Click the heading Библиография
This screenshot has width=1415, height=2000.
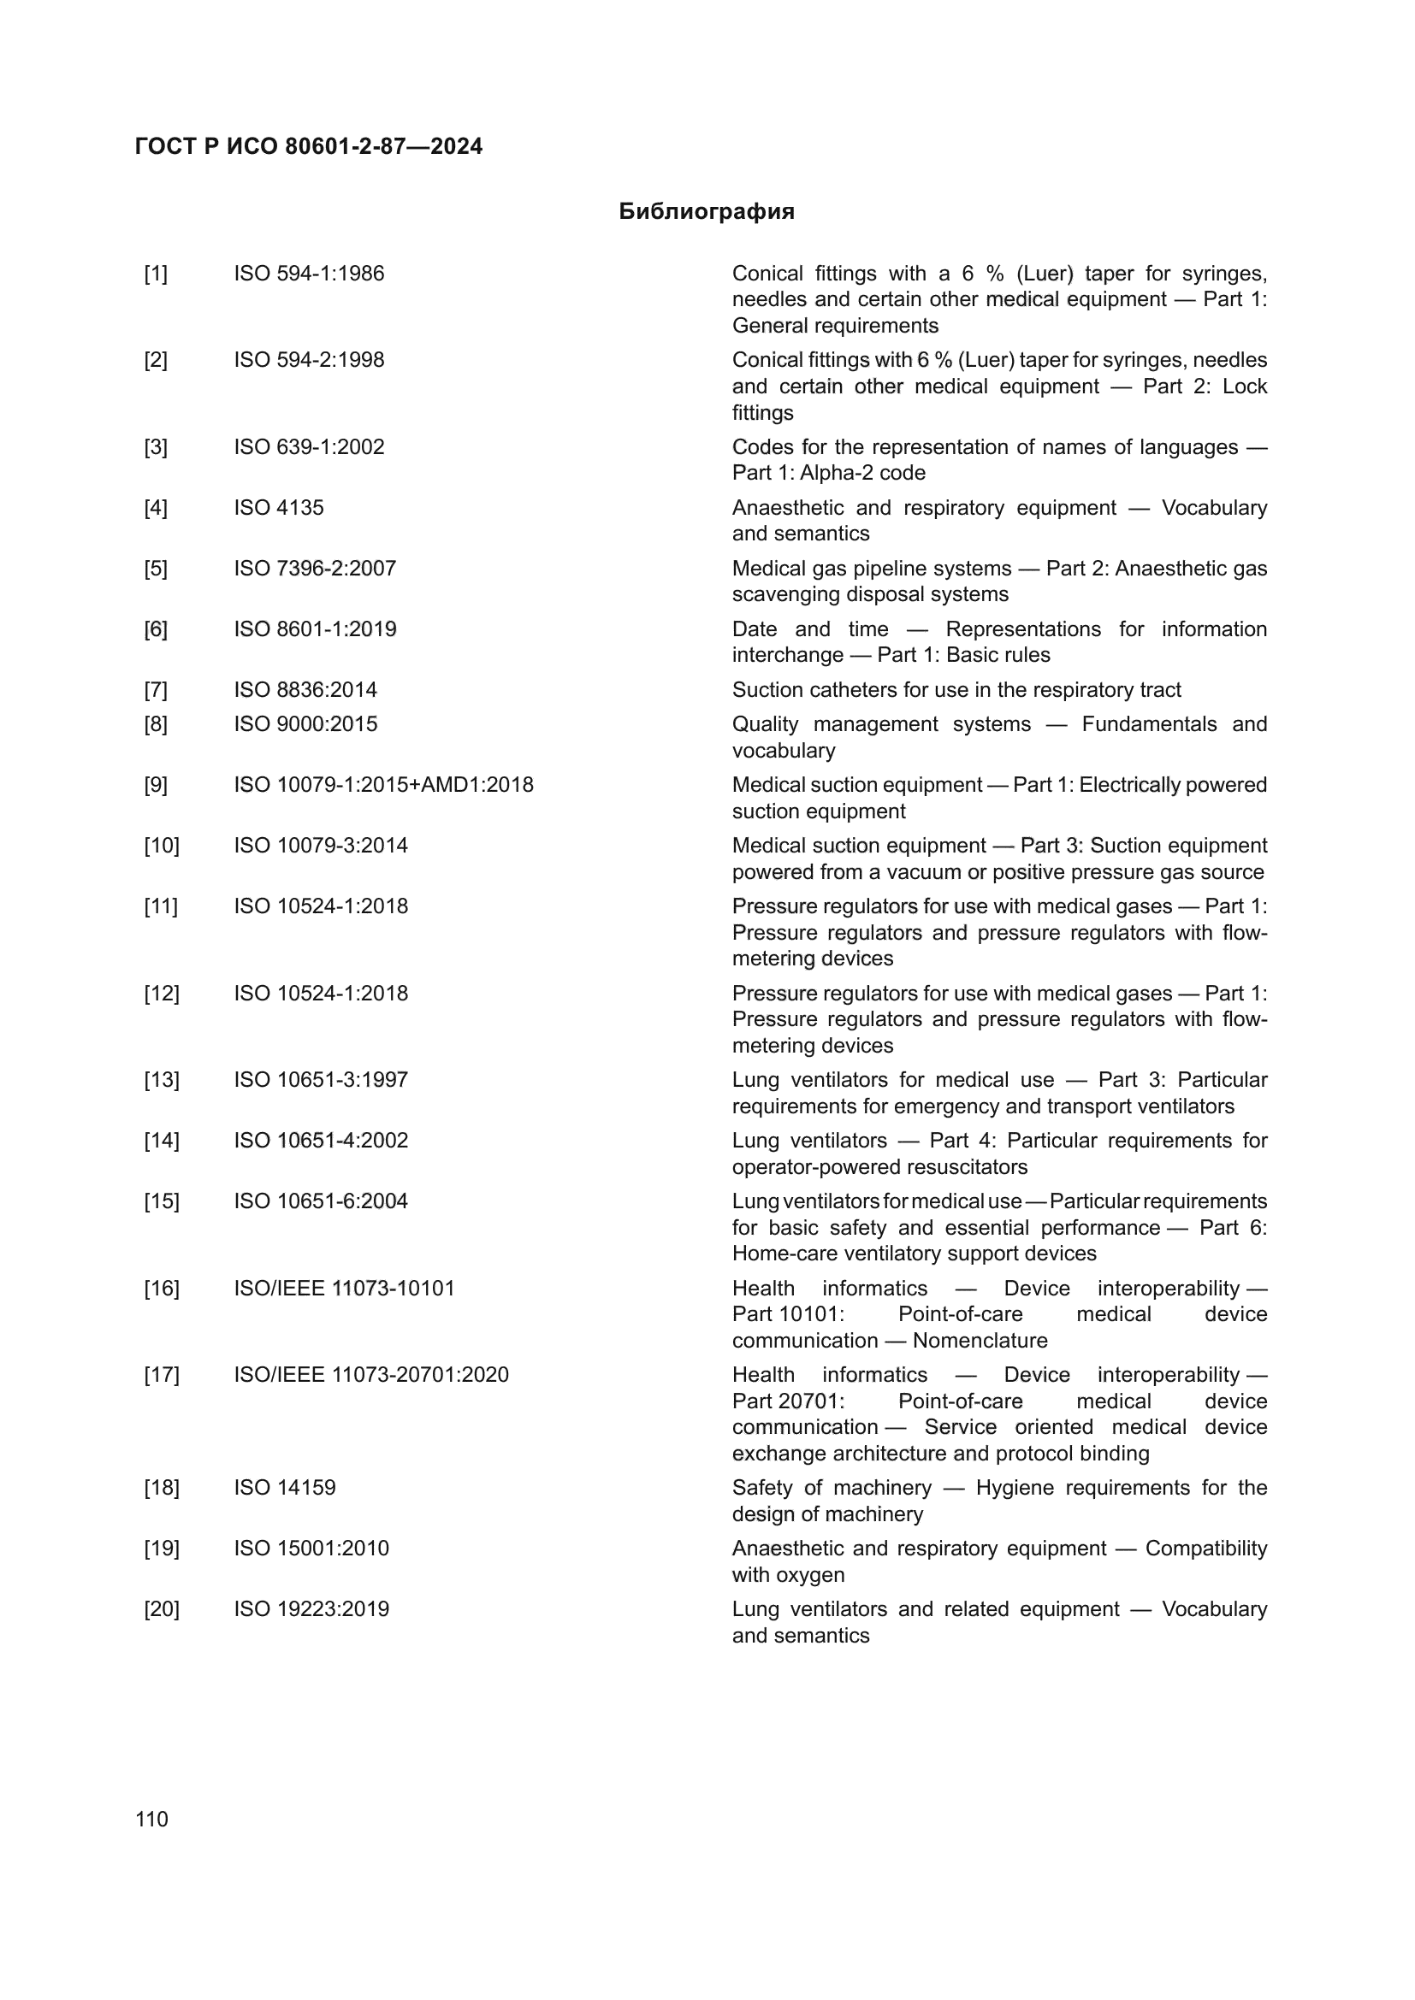(x=706, y=212)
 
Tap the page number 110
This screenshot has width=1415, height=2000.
(x=151, y=1819)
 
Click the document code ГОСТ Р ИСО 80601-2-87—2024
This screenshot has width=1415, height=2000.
(x=309, y=146)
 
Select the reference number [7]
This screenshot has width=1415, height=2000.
(x=155, y=690)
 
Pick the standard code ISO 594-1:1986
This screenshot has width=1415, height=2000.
(x=309, y=274)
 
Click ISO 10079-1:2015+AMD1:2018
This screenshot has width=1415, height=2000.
(x=383, y=785)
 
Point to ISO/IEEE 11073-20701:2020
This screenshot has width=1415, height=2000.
(x=370, y=1375)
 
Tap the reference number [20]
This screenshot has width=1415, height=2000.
(x=161, y=1609)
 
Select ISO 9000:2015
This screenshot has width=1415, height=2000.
(x=305, y=724)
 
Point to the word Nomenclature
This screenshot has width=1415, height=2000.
(x=980, y=1340)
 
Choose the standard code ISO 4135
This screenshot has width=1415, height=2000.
(x=278, y=508)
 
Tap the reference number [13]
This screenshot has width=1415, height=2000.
(x=161, y=1080)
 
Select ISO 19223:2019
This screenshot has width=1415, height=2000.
(x=311, y=1609)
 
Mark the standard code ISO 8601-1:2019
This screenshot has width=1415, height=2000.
(x=315, y=629)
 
